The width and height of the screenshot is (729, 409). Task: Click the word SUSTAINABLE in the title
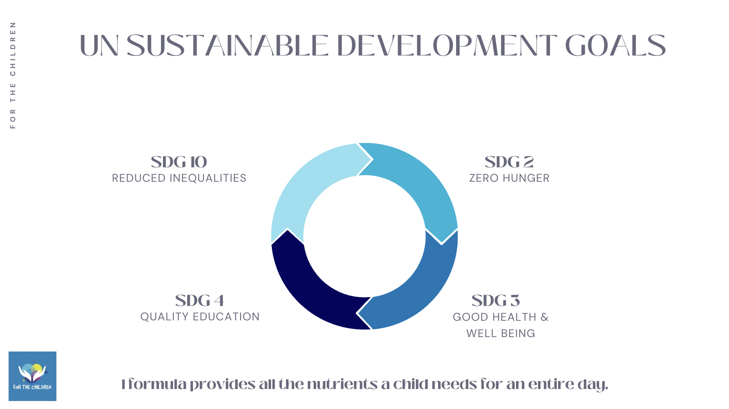[228, 46]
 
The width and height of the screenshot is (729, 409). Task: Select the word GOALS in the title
[616, 46]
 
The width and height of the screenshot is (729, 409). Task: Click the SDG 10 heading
[179, 162]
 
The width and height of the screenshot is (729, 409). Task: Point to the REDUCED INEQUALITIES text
[179, 178]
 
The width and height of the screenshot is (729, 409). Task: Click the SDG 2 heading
[509, 162]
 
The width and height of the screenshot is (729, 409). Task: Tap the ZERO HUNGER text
[509, 178]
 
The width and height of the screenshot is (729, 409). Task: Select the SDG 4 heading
[200, 301]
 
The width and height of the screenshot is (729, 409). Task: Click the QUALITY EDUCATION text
[200, 317]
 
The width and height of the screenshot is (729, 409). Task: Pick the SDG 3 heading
[496, 301]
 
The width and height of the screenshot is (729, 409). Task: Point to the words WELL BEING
[500, 334]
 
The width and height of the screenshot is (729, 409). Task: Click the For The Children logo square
[32, 376]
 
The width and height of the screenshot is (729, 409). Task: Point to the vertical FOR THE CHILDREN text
[13, 75]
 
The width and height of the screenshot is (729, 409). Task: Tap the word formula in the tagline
[157, 384]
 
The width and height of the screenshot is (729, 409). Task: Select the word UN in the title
[99, 46]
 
